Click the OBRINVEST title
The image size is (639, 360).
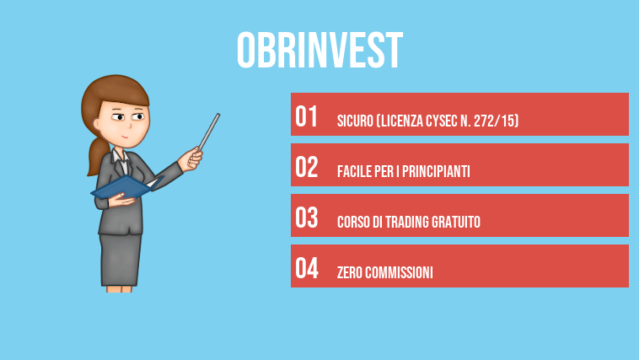(319, 51)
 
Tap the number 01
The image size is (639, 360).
(306, 117)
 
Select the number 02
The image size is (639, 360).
(306, 168)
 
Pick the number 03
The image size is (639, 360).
(306, 218)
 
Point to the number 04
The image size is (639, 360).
(306, 269)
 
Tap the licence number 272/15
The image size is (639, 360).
(497, 121)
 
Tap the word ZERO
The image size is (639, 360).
(350, 273)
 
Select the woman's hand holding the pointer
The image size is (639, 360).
(196, 158)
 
